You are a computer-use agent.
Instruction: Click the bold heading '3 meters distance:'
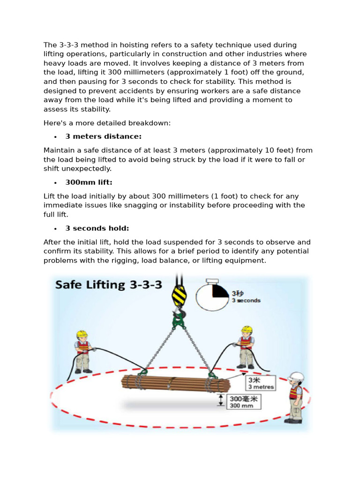(x=103, y=136)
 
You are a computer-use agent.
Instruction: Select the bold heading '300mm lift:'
(x=89, y=182)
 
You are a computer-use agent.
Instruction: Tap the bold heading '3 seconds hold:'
(x=97, y=228)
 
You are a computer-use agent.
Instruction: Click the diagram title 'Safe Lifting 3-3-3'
(x=109, y=285)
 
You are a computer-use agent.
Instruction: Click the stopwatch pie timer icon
(x=213, y=296)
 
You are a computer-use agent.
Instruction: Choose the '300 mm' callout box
(x=244, y=402)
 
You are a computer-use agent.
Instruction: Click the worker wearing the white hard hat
(x=296, y=396)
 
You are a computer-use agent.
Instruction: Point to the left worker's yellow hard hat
(x=82, y=334)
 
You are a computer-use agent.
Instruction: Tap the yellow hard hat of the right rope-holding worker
(x=246, y=330)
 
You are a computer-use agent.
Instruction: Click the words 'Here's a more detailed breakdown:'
(x=107, y=123)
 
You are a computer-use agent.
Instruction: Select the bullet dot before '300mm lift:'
(x=55, y=183)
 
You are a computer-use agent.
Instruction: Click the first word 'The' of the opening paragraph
(x=50, y=45)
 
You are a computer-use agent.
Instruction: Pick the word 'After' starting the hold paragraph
(x=52, y=242)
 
